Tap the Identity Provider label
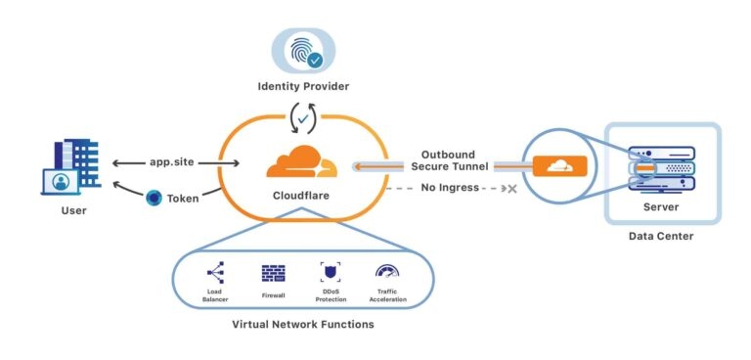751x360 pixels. pos(302,87)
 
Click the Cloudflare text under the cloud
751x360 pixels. pos(301,197)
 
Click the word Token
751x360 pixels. pos(183,198)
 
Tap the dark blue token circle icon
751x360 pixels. pos(154,198)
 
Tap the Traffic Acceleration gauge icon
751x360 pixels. pos(387,272)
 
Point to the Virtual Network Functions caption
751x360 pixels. pos(301,324)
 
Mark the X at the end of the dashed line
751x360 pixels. pos(509,188)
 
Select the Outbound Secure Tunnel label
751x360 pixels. pos(456,160)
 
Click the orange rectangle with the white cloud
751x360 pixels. pos(558,166)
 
